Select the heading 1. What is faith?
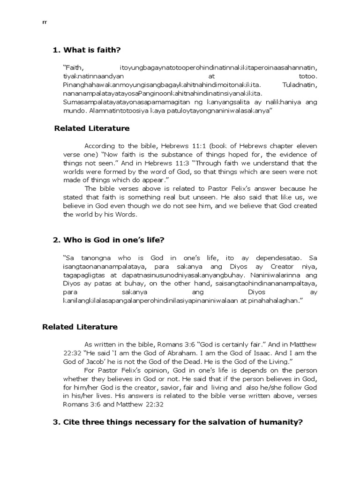click(90, 50)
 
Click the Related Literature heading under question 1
click(92, 128)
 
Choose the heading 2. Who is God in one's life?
click(109, 240)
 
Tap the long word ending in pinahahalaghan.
click(180, 301)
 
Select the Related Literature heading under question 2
click(80, 327)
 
